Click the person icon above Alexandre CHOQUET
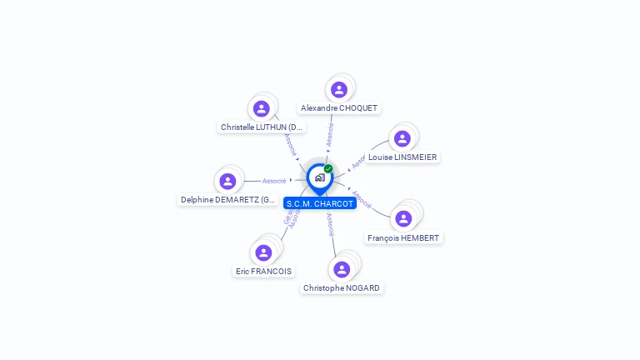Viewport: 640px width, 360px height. pos(338,90)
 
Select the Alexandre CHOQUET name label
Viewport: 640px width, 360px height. pos(339,108)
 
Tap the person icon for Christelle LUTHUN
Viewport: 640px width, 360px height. pos(261,109)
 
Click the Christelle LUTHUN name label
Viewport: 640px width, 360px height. pos(262,127)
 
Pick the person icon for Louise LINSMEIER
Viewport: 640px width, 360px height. pos(402,139)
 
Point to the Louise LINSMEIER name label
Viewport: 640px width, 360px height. pos(402,157)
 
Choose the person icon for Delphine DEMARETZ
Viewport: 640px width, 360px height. pos(227,182)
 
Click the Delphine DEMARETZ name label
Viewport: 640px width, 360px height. pos(228,200)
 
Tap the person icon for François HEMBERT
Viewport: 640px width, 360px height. pos(403,219)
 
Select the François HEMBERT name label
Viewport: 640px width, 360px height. pos(404,238)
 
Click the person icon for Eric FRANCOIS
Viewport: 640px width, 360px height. pos(263,252)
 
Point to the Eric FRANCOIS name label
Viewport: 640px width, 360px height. pos(264,272)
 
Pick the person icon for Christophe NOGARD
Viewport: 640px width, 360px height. pos(342,270)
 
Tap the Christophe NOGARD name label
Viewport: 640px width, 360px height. pos(342,288)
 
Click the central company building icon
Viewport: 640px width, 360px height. pos(319,177)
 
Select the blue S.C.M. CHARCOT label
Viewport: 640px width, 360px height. pos(320,203)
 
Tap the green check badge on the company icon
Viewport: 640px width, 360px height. pos(328,169)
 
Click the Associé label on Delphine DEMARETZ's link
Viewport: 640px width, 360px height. pos(274,181)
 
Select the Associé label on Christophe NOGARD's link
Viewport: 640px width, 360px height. pos(330,225)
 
